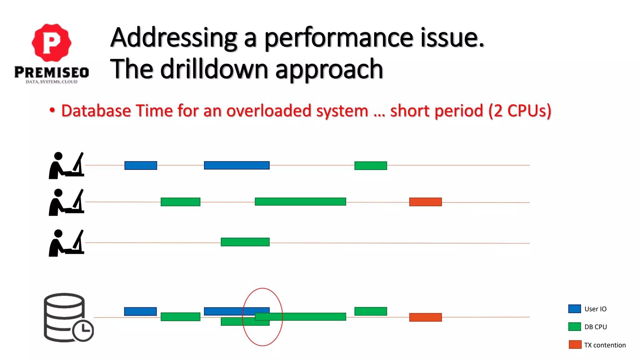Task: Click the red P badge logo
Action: click(52, 42)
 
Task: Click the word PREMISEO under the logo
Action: click(52, 72)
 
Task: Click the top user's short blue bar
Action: click(141, 165)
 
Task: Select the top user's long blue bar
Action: click(237, 165)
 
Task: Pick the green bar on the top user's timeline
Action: click(371, 166)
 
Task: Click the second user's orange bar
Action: click(425, 202)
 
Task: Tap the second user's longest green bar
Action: click(300, 202)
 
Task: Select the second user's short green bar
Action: click(180, 202)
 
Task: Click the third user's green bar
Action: click(245, 242)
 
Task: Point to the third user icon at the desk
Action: click(66, 243)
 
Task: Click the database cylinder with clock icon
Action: click(67, 317)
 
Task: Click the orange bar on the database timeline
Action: click(425, 317)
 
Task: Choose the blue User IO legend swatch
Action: click(574, 309)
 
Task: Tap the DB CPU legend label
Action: click(595, 327)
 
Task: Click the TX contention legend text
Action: click(605, 345)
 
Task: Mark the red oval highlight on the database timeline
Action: click(262, 289)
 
